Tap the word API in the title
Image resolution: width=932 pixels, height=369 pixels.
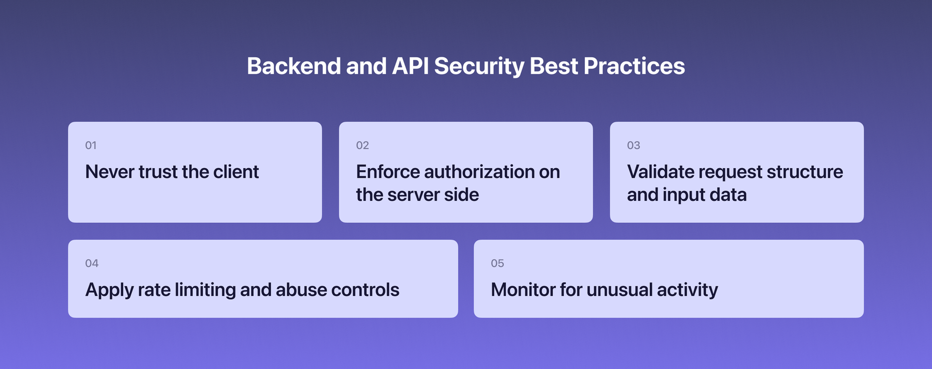point(410,66)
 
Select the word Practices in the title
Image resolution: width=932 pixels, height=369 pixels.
point(634,66)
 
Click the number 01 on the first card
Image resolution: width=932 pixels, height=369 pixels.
point(91,145)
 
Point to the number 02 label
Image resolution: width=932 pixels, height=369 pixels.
point(362,145)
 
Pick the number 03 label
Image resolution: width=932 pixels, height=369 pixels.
point(633,145)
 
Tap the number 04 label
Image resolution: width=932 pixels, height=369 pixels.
point(92,264)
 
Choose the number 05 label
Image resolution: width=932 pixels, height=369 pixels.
point(497,264)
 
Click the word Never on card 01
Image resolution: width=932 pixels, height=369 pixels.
point(110,172)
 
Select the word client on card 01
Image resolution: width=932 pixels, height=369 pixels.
point(236,172)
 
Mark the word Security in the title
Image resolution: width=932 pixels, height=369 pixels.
point(479,66)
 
